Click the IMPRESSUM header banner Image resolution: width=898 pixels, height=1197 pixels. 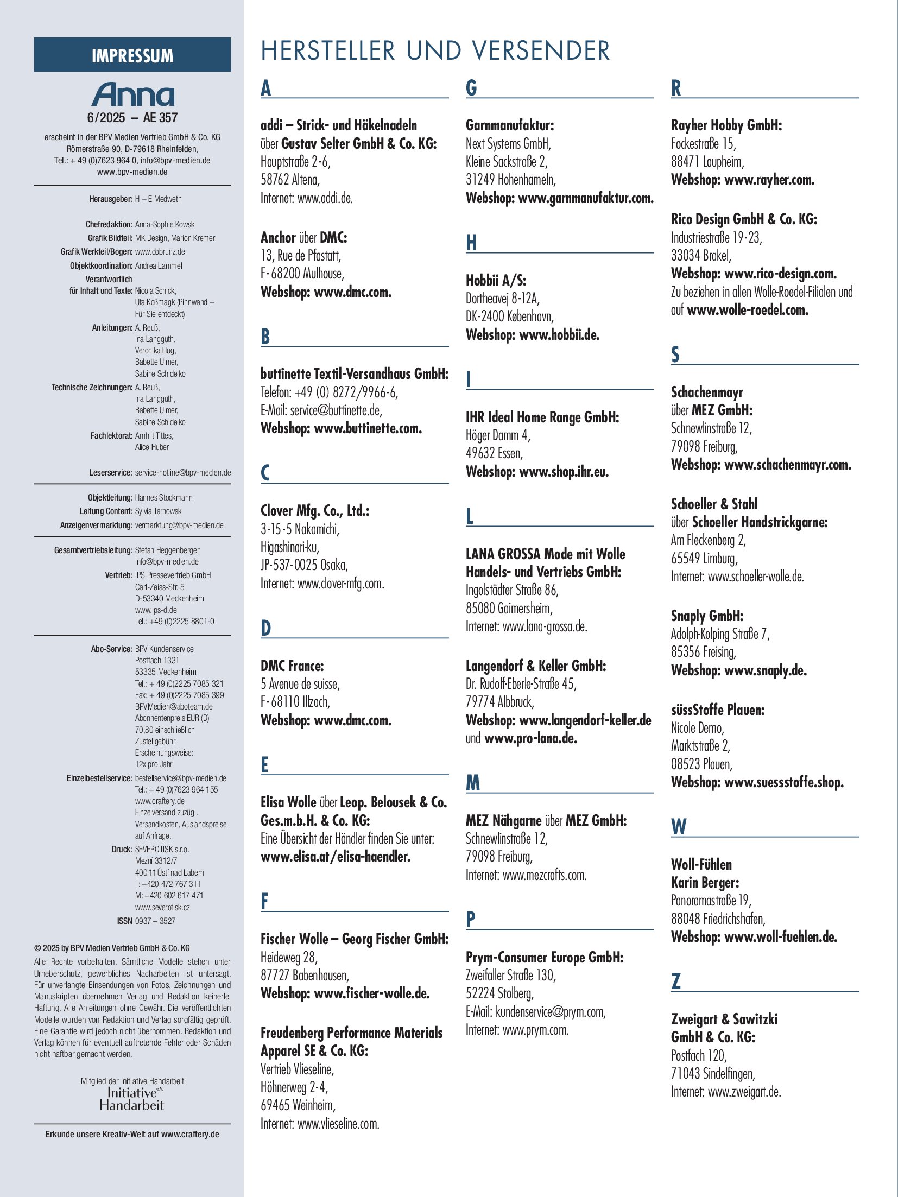(x=132, y=55)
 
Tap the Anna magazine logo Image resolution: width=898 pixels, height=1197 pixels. (x=133, y=94)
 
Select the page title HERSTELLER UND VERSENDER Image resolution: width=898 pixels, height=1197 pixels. (x=435, y=51)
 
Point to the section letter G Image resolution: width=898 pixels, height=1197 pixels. (x=471, y=88)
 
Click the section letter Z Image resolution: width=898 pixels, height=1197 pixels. (x=676, y=981)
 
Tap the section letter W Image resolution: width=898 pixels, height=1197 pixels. (x=679, y=827)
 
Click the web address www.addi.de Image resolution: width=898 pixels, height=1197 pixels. (x=325, y=198)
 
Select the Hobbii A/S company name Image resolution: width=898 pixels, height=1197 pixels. (x=496, y=280)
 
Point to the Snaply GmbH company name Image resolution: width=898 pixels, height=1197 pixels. (x=707, y=616)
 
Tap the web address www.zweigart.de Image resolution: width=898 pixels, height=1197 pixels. (x=744, y=1092)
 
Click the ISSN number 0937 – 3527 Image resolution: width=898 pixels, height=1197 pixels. (x=155, y=921)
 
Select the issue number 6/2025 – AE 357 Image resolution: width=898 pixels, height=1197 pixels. (x=132, y=118)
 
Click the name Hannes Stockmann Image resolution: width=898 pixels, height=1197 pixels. (x=163, y=497)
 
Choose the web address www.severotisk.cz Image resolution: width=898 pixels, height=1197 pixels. (x=162, y=907)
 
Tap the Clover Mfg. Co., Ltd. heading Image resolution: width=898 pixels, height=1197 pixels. (x=315, y=511)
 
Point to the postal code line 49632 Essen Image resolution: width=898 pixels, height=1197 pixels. (x=494, y=453)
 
